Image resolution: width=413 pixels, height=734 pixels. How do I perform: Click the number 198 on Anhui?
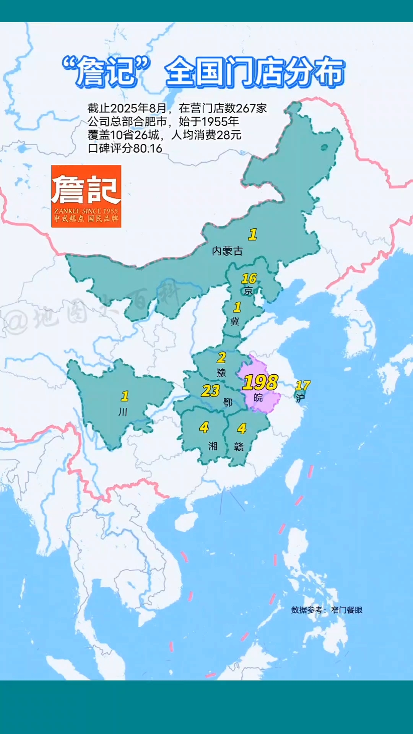(x=260, y=382)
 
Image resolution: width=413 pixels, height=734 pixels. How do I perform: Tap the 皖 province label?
(x=258, y=398)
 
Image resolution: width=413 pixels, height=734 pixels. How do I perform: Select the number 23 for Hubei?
(x=210, y=391)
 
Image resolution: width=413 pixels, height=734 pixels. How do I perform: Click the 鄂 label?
(x=228, y=402)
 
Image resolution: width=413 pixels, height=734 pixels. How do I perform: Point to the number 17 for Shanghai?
(x=302, y=385)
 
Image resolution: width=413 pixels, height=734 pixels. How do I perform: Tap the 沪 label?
(x=300, y=398)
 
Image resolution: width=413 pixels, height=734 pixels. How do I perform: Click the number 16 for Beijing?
(x=249, y=278)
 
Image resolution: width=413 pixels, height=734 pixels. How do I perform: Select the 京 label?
(x=248, y=291)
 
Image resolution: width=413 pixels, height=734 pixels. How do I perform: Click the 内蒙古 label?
(x=228, y=251)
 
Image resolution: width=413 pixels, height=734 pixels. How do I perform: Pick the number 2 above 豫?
(x=221, y=358)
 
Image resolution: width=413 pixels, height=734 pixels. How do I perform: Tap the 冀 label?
(x=234, y=321)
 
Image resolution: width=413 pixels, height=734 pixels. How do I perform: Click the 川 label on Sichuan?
(x=123, y=412)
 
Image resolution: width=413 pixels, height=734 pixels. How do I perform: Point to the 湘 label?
(x=213, y=446)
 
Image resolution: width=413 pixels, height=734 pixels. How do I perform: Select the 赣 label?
(x=239, y=447)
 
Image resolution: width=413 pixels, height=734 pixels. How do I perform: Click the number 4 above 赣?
(x=242, y=429)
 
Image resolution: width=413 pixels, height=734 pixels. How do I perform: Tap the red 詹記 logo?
(x=86, y=196)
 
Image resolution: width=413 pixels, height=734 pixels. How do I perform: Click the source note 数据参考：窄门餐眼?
(x=327, y=610)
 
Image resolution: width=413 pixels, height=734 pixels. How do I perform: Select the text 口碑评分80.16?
(x=125, y=148)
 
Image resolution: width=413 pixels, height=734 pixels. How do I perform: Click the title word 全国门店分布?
(x=255, y=71)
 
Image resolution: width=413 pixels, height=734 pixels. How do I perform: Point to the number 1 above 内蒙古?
(x=252, y=234)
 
